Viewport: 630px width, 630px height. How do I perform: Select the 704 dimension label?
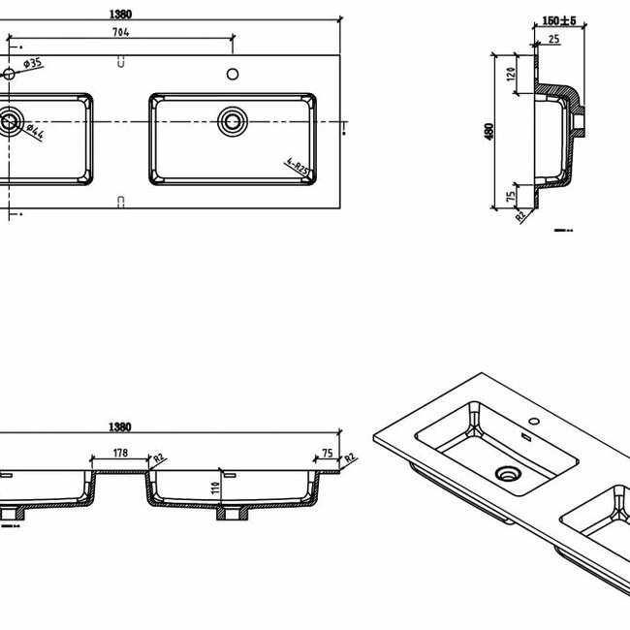(x=120, y=32)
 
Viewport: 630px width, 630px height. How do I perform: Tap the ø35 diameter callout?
(x=32, y=64)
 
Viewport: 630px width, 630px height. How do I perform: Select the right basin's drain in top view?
(x=233, y=121)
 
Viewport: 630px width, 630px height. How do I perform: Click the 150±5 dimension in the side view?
(x=559, y=20)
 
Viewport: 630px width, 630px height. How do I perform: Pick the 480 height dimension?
(x=489, y=129)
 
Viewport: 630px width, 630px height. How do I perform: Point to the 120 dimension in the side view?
(x=511, y=73)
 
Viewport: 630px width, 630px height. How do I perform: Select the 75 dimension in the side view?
(x=511, y=198)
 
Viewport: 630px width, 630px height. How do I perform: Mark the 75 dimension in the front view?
(x=327, y=452)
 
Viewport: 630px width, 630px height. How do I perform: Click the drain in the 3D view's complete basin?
(x=506, y=473)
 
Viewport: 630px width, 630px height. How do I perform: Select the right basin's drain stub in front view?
(x=233, y=513)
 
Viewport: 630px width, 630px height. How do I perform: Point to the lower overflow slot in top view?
(x=120, y=202)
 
